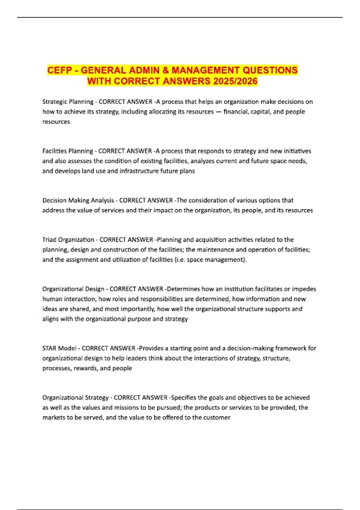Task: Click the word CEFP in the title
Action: point(59,70)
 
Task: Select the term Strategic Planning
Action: point(68,102)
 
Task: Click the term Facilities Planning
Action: point(67,151)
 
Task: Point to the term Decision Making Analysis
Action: point(78,200)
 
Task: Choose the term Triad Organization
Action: point(68,240)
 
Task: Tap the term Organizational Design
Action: point(73,289)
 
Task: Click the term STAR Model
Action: point(59,348)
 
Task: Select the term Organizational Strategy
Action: point(75,397)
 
